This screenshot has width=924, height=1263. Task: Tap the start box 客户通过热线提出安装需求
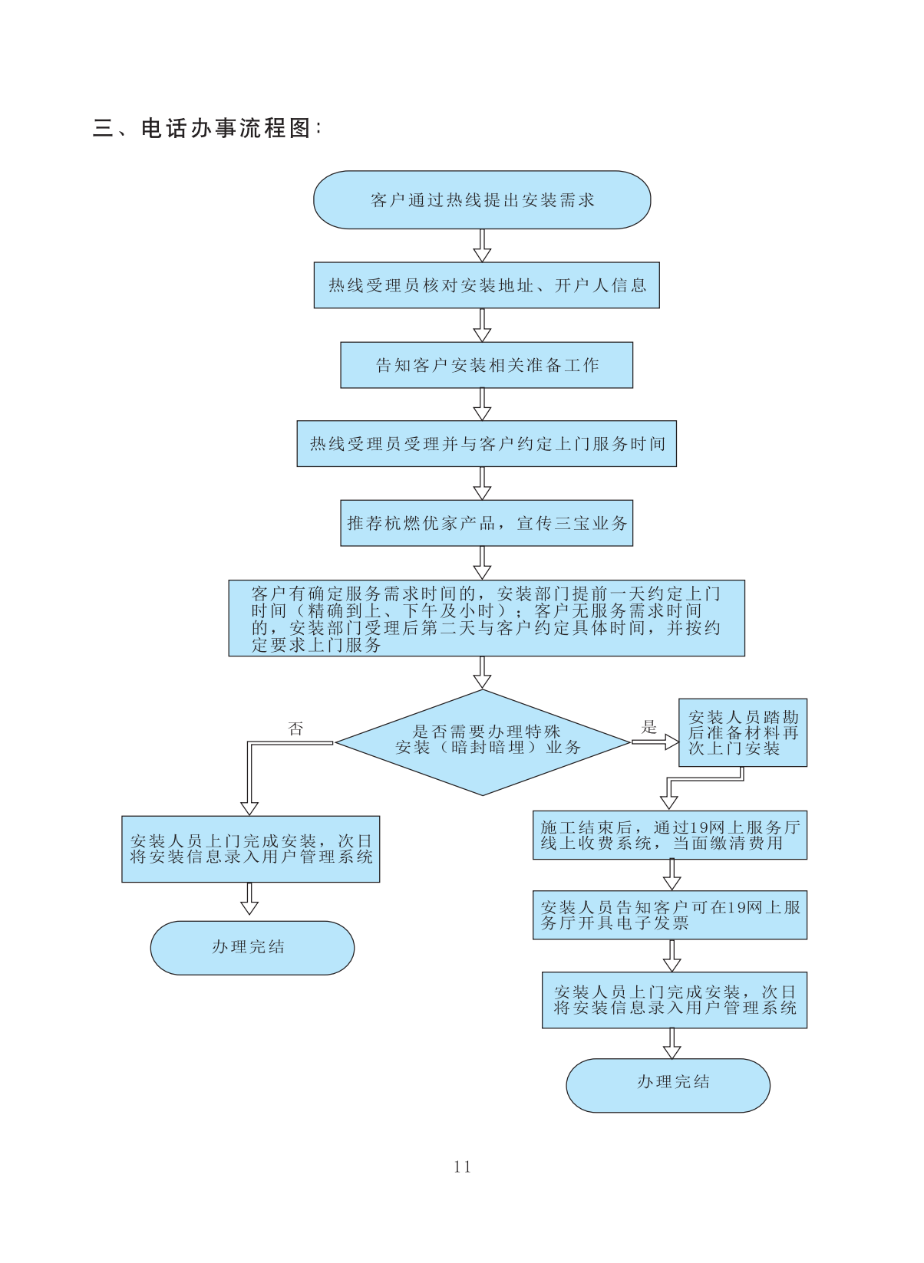[x=482, y=200]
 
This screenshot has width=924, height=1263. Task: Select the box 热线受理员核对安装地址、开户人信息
[x=487, y=285]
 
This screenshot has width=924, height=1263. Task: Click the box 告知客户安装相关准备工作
[x=487, y=365]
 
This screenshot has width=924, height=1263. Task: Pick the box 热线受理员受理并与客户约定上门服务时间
[x=487, y=444]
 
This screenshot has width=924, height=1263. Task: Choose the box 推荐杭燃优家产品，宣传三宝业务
[x=487, y=523]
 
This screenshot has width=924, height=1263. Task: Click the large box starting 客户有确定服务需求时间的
[x=487, y=618]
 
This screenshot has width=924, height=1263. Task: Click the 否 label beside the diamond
[x=295, y=729]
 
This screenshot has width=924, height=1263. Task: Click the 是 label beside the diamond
[x=649, y=727]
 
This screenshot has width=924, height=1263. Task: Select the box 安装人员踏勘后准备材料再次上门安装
[x=743, y=732]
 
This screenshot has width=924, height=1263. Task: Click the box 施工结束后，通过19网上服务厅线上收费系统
[x=670, y=835]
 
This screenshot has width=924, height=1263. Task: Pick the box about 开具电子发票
[x=670, y=915]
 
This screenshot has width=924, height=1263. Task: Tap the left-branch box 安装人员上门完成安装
[x=251, y=849]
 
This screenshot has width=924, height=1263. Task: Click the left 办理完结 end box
[x=252, y=948]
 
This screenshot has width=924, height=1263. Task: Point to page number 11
[x=462, y=1166]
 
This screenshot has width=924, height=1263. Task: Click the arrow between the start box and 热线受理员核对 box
[x=482, y=245]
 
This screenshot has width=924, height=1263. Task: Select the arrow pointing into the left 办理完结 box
[x=249, y=900]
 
